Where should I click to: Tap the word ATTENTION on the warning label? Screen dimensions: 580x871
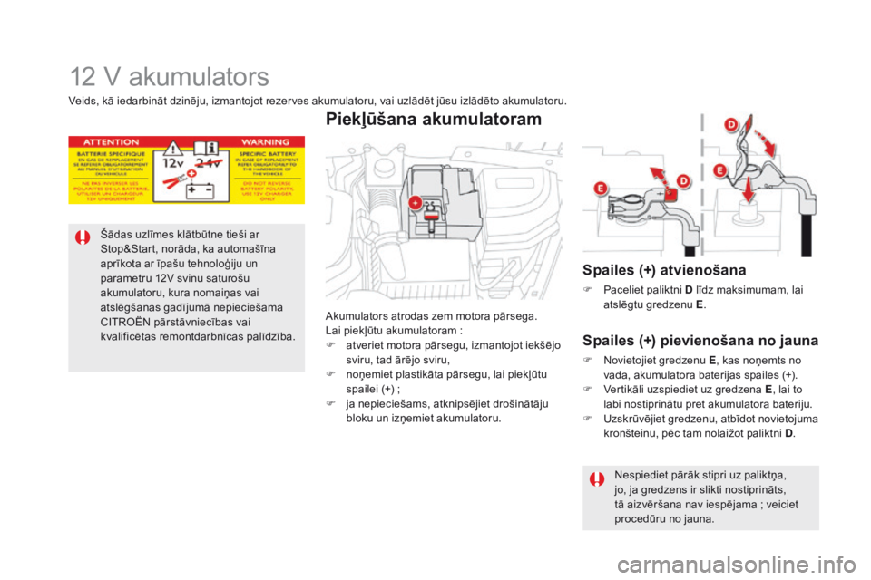point(113,142)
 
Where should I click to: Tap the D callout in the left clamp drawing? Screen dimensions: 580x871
point(672,174)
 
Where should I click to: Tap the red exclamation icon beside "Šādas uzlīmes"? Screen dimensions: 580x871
point(83,238)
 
